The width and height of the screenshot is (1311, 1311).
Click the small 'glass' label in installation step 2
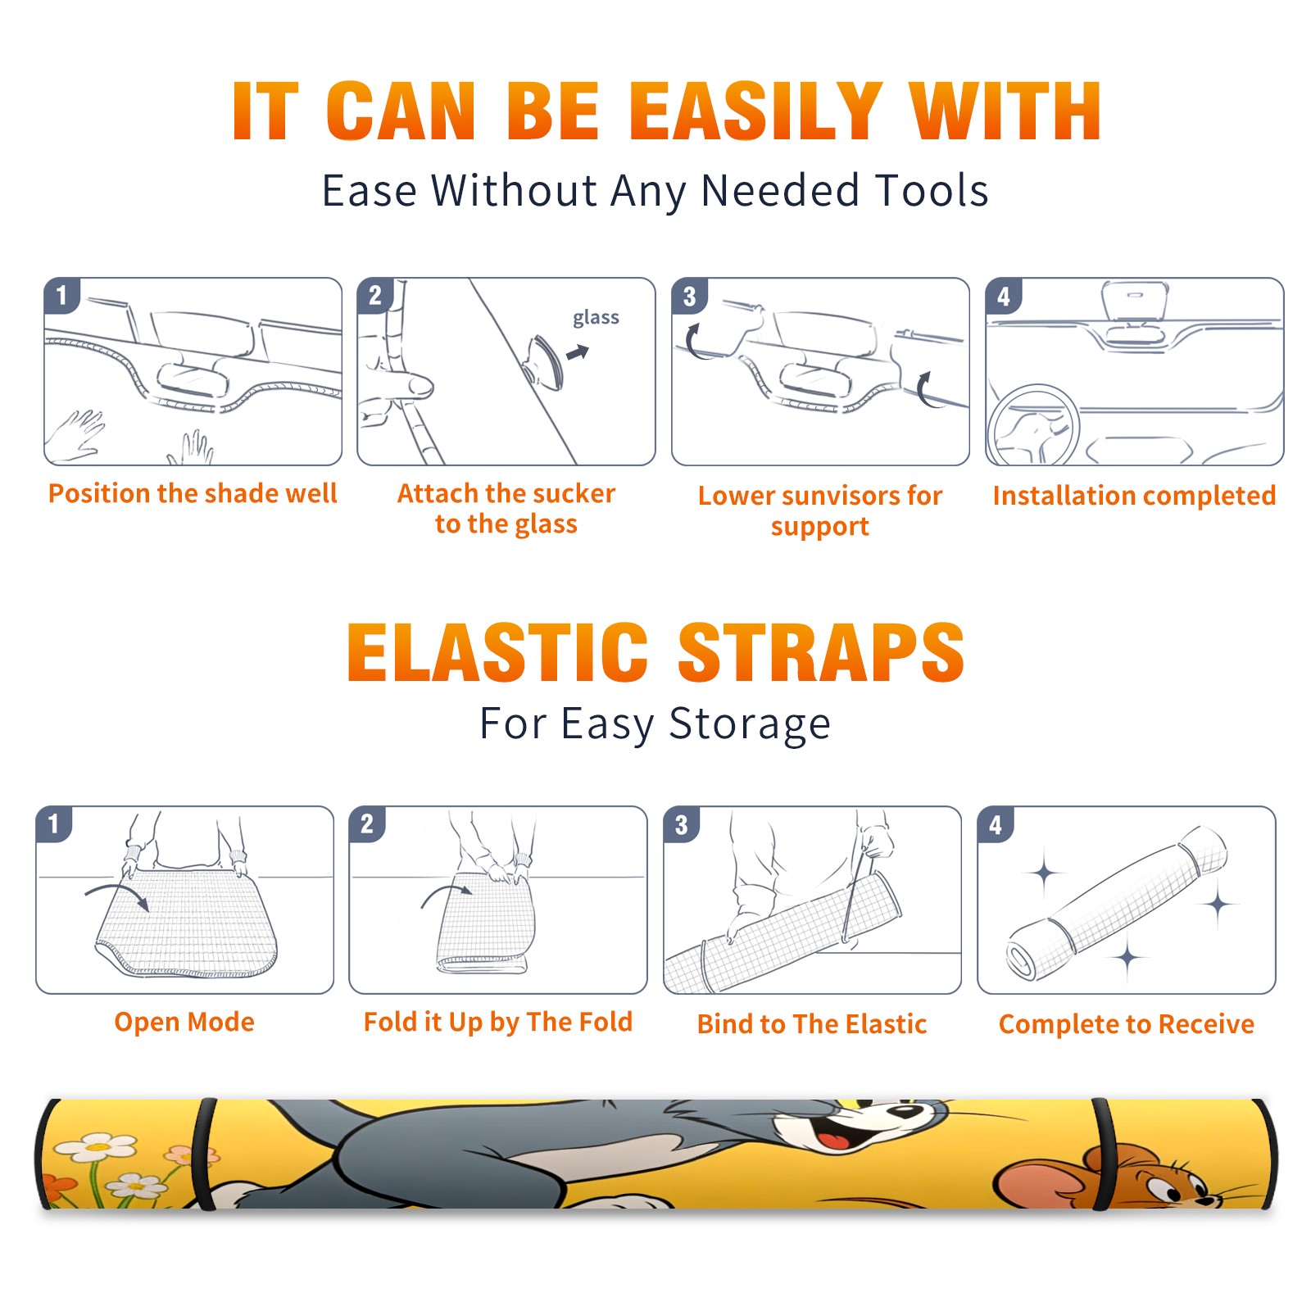(596, 318)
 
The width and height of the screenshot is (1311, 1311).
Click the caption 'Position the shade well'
(193, 493)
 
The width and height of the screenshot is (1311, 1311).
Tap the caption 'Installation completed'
(1134, 496)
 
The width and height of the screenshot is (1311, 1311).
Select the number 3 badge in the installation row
(689, 297)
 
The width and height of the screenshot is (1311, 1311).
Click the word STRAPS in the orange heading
(821, 652)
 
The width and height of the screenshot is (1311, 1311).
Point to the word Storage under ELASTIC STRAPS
(750, 724)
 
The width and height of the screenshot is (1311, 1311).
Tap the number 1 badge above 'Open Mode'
(54, 823)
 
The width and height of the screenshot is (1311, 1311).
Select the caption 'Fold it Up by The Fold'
(498, 1023)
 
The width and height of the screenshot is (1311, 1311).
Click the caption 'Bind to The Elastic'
(812, 1024)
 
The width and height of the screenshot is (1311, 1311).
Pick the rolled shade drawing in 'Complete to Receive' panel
(1116, 903)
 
